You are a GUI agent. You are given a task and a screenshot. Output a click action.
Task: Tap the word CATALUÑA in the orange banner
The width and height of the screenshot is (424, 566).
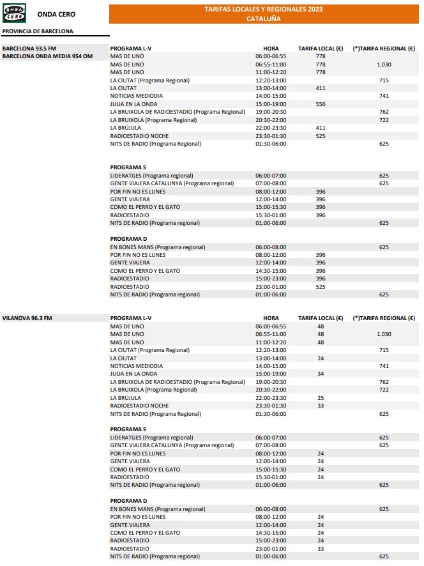pyautogui.click(x=263, y=19)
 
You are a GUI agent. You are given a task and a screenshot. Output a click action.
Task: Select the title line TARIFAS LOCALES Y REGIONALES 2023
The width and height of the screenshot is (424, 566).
pyautogui.click(x=263, y=10)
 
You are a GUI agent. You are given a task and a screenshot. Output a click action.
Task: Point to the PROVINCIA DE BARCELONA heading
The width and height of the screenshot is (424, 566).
pyautogui.click(x=38, y=31)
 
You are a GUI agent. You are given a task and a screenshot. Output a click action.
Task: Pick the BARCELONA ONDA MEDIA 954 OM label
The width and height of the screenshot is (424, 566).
pyautogui.click(x=48, y=56)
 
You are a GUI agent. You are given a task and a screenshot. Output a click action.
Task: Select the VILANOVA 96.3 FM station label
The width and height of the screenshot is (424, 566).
pyautogui.click(x=27, y=318)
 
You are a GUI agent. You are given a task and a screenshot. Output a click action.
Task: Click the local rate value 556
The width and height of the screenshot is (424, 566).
pyautogui.click(x=321, y=104)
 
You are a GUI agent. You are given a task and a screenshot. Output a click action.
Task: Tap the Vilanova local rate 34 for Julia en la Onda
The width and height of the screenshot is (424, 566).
pyautogui.click(x=321, y=374)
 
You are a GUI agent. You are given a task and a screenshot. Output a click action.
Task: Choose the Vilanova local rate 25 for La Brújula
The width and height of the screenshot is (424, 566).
pyautogui.click(x=321, y=398)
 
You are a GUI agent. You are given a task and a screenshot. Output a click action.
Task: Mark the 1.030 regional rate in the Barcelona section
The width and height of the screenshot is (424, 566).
pyautogui.click(x=384, y=64)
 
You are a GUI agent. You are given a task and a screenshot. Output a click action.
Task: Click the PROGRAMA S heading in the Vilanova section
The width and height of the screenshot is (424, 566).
pyautogui.click(x=128, y=429)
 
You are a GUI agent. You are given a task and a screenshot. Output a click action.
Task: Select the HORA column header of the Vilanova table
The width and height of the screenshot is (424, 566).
pyautogui.click(x=271, y=318)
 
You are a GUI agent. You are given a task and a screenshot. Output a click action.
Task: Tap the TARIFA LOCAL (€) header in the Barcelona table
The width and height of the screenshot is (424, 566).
pyautogui.click(x=321, y=48)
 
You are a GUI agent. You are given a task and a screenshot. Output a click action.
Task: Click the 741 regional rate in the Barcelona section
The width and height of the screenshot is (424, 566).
pyautogui.click(x=384, y=96)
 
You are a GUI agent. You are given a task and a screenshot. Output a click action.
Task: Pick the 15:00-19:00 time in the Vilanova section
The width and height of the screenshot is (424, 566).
pyautogui.click(x=271, y=374)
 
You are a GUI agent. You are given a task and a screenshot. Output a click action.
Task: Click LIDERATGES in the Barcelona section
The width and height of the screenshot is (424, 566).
pyautogui.click(x=126, y=175)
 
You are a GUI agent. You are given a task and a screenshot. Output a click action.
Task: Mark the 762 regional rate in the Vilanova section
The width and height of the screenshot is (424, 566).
pyautogui.click(x=384, y=382)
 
